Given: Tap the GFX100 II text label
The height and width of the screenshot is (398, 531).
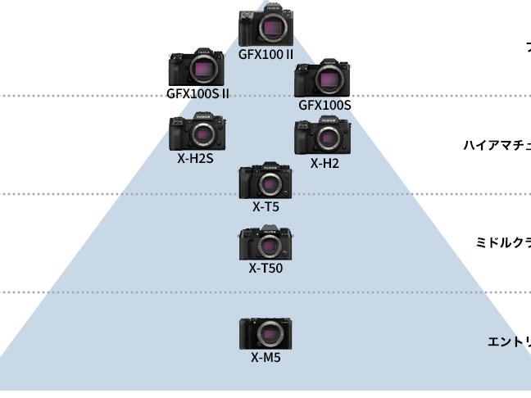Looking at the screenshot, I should coord(265,55).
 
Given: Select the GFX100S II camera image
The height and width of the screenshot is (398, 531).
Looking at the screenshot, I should coord(197,67).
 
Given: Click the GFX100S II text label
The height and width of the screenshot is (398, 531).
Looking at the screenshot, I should coord(197,93).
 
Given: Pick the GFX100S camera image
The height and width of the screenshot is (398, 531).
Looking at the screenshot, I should coord(323,79).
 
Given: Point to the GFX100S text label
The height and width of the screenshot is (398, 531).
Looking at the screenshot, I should coord(324,105).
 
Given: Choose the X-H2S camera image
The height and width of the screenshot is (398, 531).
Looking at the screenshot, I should coord(197,133).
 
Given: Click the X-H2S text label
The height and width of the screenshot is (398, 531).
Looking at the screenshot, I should coord(195,158).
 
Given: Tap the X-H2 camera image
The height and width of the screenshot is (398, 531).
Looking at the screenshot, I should coord(323,136).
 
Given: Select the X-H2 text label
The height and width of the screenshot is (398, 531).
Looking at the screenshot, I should coord(324,163).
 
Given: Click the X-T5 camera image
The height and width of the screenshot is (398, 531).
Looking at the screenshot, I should coord(265,181).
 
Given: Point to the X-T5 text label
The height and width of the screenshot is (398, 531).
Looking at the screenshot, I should coord(265,206).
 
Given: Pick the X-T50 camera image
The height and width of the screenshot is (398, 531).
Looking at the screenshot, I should coord(265,244).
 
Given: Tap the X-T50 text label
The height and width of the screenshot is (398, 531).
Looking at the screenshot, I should coord(265,268).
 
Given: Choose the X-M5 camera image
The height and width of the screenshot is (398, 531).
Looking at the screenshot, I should coord(265,334).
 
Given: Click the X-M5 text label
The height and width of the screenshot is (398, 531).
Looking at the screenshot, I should coord(265,357).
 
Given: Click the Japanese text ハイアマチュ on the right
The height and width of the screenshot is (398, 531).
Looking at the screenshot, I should coord(497,146).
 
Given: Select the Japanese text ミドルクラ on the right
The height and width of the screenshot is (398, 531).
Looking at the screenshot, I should coord(503,242).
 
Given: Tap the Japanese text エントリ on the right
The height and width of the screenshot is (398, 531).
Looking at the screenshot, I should coord(508,341).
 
